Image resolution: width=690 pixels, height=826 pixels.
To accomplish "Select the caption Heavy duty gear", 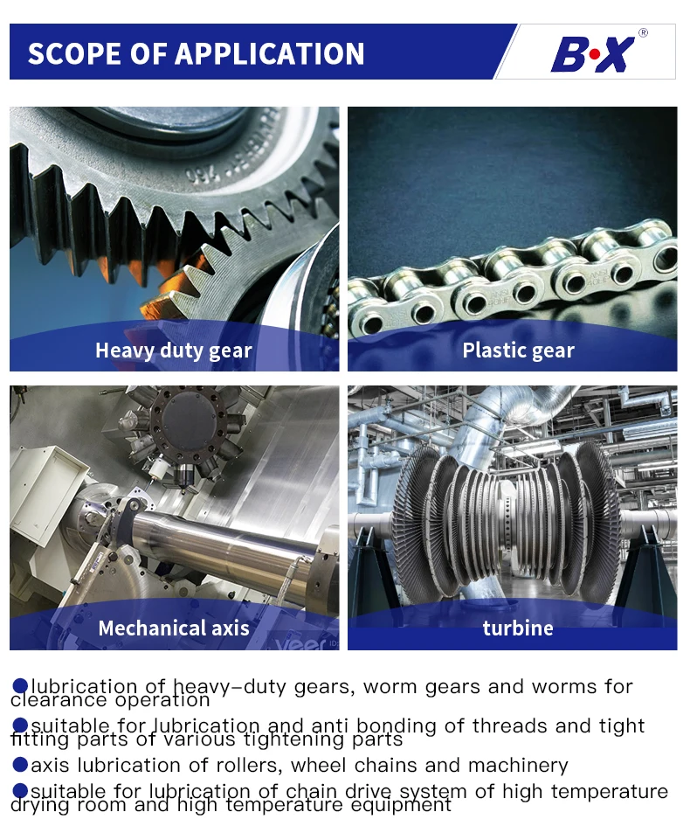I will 173,351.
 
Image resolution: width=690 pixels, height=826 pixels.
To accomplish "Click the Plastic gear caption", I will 518,351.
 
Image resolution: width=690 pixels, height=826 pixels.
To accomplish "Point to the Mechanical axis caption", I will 173,628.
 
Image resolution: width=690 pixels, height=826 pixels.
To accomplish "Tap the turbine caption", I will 518,628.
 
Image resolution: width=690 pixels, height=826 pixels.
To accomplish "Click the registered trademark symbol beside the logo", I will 643,33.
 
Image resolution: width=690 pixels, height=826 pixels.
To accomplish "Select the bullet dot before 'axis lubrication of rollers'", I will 20,765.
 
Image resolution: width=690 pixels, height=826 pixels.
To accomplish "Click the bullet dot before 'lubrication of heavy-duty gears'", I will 20,686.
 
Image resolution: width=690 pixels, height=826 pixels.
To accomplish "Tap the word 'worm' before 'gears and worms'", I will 390,686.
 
